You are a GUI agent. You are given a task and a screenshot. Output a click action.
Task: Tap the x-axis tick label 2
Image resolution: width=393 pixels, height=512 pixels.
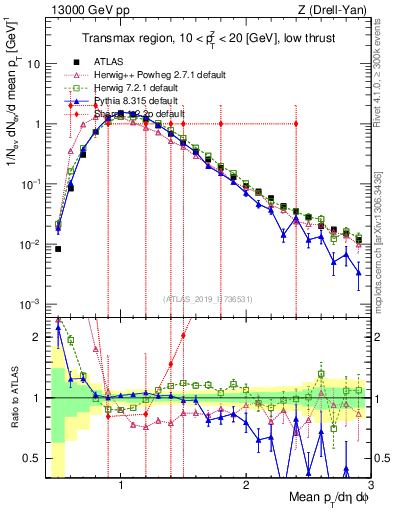246,484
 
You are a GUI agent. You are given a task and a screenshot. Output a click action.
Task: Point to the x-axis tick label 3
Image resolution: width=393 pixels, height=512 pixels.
369,484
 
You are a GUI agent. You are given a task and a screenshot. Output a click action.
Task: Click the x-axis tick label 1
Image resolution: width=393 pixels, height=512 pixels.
121,484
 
